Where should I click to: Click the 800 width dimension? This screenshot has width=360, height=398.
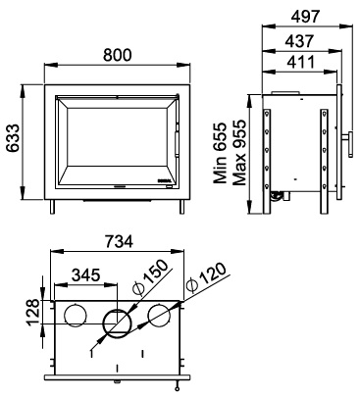(x=118, y=55)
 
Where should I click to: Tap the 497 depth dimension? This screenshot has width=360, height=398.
(x=305, y=17)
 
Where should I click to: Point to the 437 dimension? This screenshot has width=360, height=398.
(x=299, y=41)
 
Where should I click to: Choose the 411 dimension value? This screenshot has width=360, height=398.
(x=299, y=62)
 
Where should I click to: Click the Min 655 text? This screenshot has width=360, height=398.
(x=220, y=152)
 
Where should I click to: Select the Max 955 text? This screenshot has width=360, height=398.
(x=238, y=153)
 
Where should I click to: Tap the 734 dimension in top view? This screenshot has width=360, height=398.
(x=119, y=241)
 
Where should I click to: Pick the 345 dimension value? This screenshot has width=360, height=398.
(x=85, y=274)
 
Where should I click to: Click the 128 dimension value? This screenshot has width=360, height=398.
(x=33, y=313)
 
